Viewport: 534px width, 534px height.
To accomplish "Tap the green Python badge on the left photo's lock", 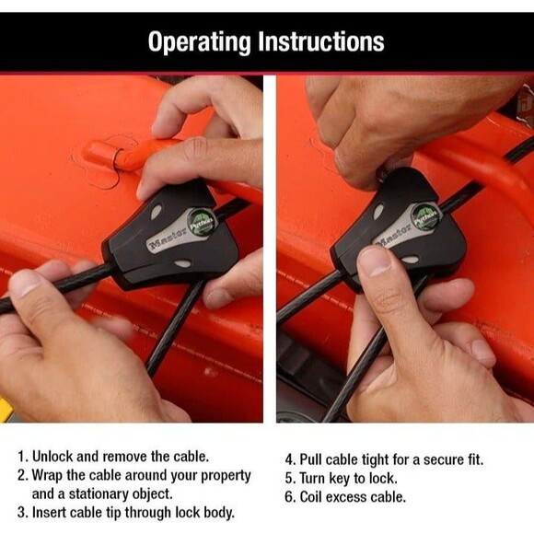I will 201,222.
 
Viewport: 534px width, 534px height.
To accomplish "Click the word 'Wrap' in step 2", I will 50,475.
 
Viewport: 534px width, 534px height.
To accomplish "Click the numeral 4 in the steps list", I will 289,459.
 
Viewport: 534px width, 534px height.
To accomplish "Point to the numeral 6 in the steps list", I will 289,496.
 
